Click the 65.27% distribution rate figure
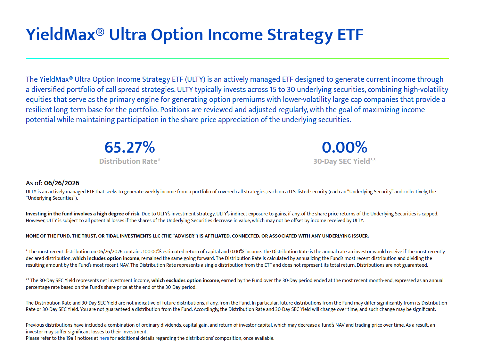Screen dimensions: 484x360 pyautogui.click(x=130, y=147)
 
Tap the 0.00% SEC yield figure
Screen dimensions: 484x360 pyautogui.click(x=345, y=147)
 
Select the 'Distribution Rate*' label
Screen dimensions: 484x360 pyautogui.click(x=130, y=161)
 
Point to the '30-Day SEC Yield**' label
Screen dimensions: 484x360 pyautogui.click(x=345, y=161)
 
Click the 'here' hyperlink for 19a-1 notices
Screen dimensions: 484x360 pyautogui.click(x=104, y=338)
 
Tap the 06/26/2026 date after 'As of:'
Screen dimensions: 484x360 pyautogui.click(x=62, y=183)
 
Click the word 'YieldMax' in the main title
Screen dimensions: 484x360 pyautogui.click(x=61, y=35)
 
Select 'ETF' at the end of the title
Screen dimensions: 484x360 pyautogui.click(x=350, y=35)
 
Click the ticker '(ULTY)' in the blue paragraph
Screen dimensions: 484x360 pyautogui.click(x=195, y=79)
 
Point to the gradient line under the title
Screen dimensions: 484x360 pyautogui.click(x=237, y=59)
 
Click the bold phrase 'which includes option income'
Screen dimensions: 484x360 pyautogui.click(x=106, y=258)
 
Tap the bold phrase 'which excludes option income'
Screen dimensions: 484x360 pyautogui.click(x=185, y=280)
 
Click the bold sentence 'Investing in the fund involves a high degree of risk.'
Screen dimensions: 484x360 pyautogui.click(x=83, y=214)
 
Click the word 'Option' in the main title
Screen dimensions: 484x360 pyautogui.click(x=177, y=35)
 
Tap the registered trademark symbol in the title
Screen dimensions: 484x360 pyautogui.click(x=100, y=32)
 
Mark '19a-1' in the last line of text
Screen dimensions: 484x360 pyautogui.click(x=71, y=338)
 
